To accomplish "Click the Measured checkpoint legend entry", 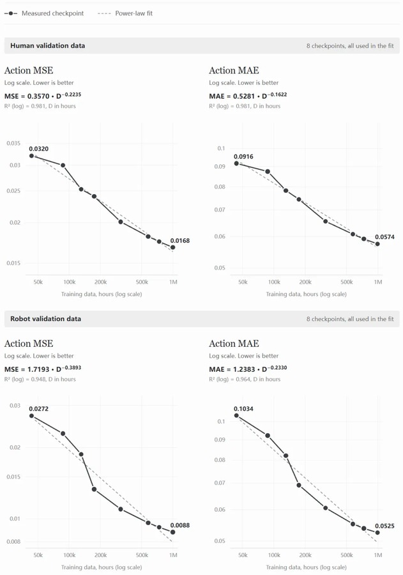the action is point(44,13).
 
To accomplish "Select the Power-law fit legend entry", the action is point(125,13).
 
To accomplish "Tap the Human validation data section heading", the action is point(48,45).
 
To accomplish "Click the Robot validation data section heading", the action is point(45,319).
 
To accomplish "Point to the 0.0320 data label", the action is point(38,148).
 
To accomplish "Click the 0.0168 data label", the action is point(180,241).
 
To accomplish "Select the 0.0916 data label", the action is point(243,157).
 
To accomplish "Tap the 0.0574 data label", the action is point(384,237).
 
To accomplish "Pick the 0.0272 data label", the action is point(38,408).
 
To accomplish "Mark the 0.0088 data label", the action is point(180,525).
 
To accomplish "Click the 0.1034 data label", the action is point(243,408).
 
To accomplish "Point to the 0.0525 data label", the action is point(384,526).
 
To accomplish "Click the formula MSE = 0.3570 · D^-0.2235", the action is point(43,96).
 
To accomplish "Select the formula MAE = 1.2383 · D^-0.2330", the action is point(248,369).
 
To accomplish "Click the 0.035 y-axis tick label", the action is point(13,143).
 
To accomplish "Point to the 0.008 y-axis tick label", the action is point(13,541).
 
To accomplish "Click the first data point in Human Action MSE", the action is point(31,156).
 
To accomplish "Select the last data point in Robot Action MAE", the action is point(377,532).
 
